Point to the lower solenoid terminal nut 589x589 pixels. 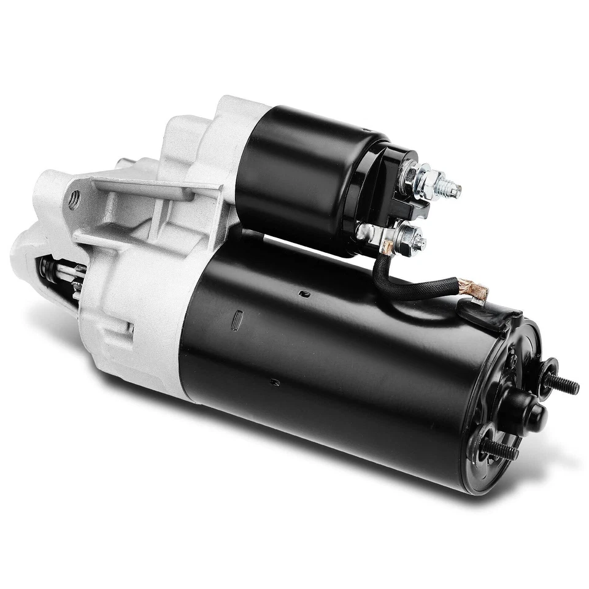[x=407, y=234]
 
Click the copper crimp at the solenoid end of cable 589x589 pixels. [x=387, y=248]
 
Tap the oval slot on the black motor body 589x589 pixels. [x=239, y=319]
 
